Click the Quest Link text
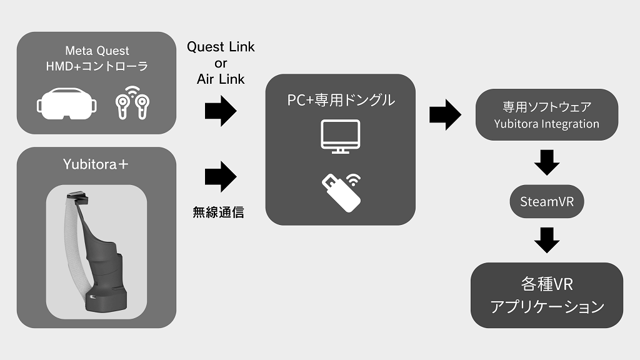coord(221,47)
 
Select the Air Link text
coord(221,79)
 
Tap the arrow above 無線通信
coord(221,176)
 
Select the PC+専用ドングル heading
coord(340,99)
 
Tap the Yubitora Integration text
coord(546,124)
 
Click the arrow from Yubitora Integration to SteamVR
coord(547,162)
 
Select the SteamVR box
coord(547,202)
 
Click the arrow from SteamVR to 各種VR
coord(547,240)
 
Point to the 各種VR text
coord(547,284)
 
